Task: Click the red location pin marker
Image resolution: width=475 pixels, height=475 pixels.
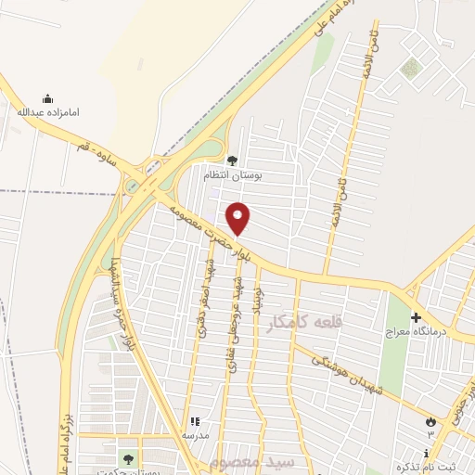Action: coord(238,218)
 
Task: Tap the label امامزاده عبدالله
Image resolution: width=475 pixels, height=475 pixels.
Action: coord(48,111)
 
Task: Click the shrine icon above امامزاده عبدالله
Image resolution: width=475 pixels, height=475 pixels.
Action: coord(48,98)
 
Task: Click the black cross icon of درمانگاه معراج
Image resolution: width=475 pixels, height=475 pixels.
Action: coord(415,317)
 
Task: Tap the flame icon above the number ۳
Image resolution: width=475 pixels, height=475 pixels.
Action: coord(430,422)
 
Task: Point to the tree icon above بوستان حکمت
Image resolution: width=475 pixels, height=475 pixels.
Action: coord(127,457)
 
